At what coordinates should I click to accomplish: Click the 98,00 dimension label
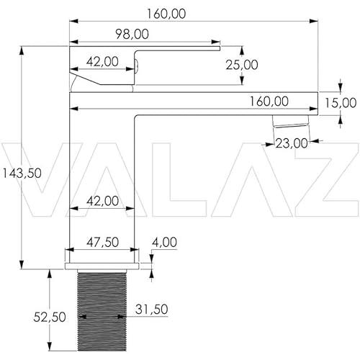[x=132, y=34]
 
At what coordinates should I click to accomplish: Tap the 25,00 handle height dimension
[x=242, y=65]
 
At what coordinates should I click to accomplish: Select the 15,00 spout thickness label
[x=341, y=103]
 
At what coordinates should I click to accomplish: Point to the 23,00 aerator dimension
[x=292, y=143]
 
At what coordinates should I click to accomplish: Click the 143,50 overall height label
[x=22, y=173]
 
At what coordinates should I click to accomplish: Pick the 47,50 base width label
[x=102, y=242]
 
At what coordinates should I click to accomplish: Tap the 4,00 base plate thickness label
[x=164, y=242]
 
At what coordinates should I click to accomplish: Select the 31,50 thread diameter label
[x=151, y=309]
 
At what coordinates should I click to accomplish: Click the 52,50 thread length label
[x=50, y=317]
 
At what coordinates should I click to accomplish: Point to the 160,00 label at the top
[x=166, y=14]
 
